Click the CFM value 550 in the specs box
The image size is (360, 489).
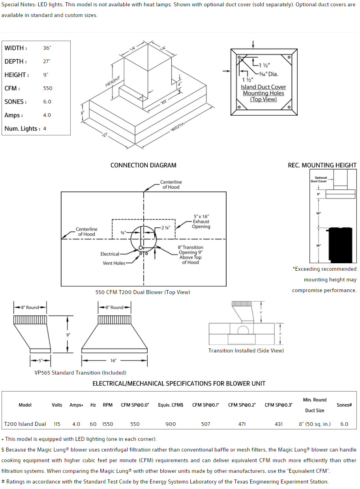pos(48,88)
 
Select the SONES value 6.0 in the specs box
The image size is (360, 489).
pos(47,102)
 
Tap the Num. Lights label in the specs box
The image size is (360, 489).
pos(22,129)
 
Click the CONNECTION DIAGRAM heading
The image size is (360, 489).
pos(143,165)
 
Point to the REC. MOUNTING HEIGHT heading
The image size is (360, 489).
pos(322,165)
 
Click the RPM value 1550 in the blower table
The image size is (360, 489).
pos(107,424)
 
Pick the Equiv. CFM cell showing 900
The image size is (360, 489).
pos(171,424)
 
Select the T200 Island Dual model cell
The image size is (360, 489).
pos(25,424)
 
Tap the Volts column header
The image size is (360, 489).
pos(57,405)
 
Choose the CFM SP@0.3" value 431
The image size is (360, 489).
pos(279,424)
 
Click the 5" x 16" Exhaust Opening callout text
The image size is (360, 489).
pos(201,221)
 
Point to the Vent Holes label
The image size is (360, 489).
pos(114,263)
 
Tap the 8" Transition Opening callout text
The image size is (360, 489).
pos(190,255)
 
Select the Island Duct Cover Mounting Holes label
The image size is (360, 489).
pos(263,93)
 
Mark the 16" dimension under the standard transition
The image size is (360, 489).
pos(114,361)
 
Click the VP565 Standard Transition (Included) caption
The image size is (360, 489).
pos(80,373)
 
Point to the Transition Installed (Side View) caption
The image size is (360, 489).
pos(246,350)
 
